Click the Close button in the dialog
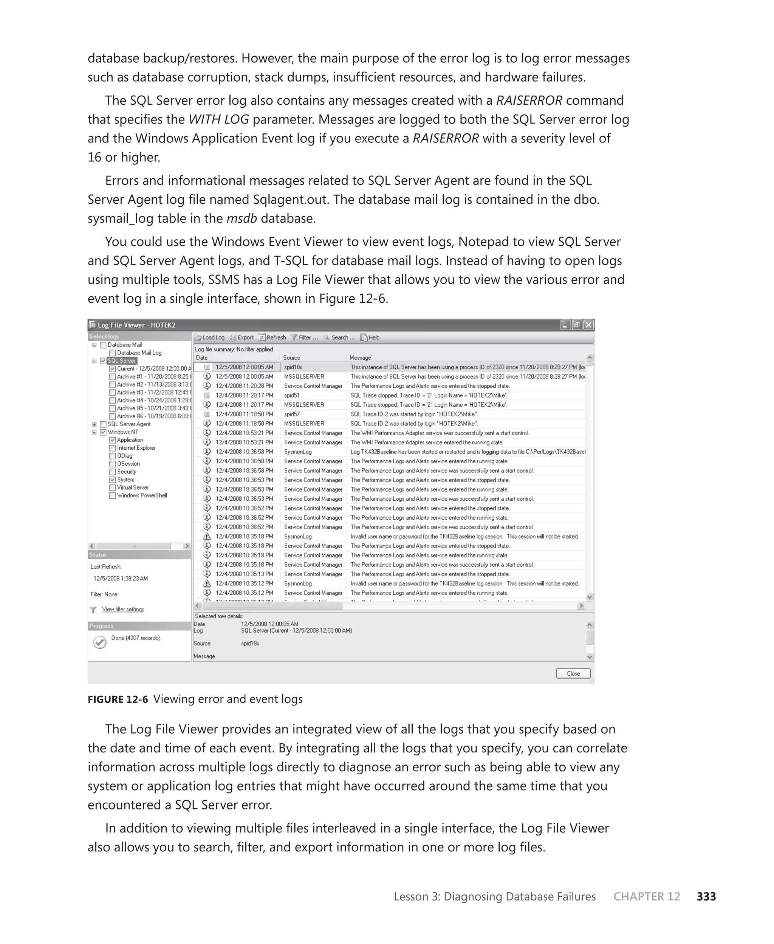[x=573, y=673]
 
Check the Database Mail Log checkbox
[x=112, y=353]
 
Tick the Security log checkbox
[x=112, y=472]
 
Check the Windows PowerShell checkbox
[x=112, y=496]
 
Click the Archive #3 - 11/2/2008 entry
[x=153, y=393]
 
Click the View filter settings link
[x=123, y=609]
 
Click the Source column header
[x=292, y=357]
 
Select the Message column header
[x=360, y=357]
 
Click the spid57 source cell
[x=292, y=414]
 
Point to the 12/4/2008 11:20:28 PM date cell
[x=244, y=386]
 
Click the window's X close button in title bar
[x=588, y=325]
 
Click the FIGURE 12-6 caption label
[x=117, y=699]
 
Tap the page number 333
[x=706, y=896]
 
